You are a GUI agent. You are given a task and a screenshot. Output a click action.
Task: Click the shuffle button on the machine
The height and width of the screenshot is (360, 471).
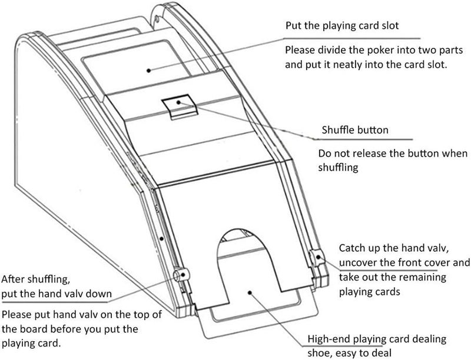click(180, 106)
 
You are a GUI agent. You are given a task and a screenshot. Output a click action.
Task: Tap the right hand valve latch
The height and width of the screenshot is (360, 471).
click(316, 258)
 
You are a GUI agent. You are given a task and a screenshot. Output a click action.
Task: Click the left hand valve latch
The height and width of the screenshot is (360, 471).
click(182, 274)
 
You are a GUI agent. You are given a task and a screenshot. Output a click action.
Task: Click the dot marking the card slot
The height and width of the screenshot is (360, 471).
click(148, 71)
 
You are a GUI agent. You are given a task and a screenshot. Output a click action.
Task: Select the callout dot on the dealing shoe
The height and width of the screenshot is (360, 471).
click(249, 292)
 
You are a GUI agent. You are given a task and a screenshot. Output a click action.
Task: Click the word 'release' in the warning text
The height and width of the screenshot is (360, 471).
click(371, 154)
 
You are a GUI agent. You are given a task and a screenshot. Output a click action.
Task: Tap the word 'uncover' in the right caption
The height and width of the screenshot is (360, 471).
click(357, 263)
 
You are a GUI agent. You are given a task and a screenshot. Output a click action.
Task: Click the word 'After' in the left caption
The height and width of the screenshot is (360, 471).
click(13, 279)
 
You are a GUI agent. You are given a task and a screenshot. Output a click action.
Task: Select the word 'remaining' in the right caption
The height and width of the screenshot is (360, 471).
click(423, 277)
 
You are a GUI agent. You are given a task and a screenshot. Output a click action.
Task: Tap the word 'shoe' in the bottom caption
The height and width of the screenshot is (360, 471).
click(319, 353)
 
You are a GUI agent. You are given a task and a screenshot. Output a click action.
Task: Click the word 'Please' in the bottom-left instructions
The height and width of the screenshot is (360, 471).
click(17, 314)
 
